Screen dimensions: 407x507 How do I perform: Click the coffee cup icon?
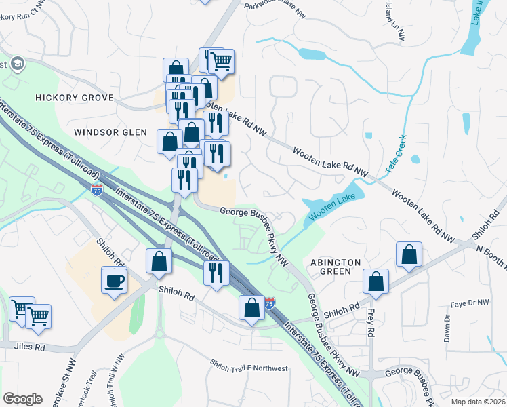pos(114,279)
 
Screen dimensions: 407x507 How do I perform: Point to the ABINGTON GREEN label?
pos(331,267)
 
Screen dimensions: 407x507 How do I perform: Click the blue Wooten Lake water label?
pos(331,208)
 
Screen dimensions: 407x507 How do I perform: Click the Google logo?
pos(22,398)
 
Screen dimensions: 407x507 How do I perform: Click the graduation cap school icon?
pos(16,64)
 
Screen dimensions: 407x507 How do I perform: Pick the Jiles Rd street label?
pos(31,347)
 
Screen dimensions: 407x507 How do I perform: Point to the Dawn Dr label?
pos(447,332)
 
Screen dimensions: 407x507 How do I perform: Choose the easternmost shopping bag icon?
pos(409,255)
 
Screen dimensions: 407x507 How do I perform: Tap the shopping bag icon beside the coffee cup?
pos(159,261)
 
